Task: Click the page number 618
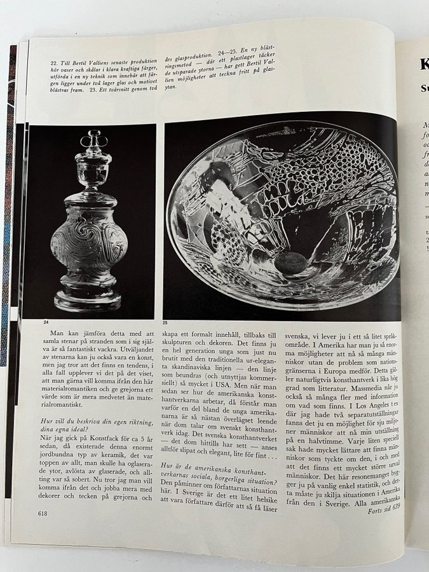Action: (44, 514)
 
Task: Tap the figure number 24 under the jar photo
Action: (46, 322)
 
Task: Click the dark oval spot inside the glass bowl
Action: (292, 262)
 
